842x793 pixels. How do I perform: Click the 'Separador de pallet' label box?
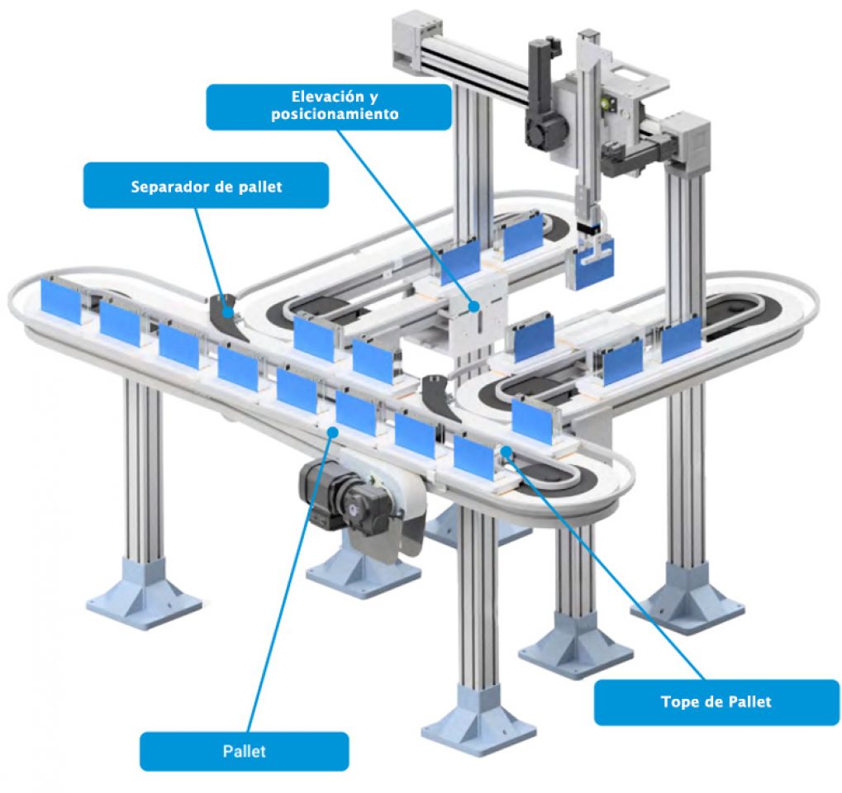pyautogui.click(x=206, y=185)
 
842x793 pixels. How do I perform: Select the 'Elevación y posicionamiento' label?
pyautogui.click(x=328, y=106)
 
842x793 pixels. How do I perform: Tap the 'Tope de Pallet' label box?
pyautogui.click(x=716, y=701)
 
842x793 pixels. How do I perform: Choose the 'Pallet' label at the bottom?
pyautogui.click(x=244, y=751)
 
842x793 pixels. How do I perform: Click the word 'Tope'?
pyautogui.click(x=678, y=701)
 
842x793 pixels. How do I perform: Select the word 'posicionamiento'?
pyautogui.click(x=335, y=115)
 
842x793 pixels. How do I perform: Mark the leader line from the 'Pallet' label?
pyautogui.click(x=289, y=578)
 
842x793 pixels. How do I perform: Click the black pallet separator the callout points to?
pyautogui.click(x=224, y=311)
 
